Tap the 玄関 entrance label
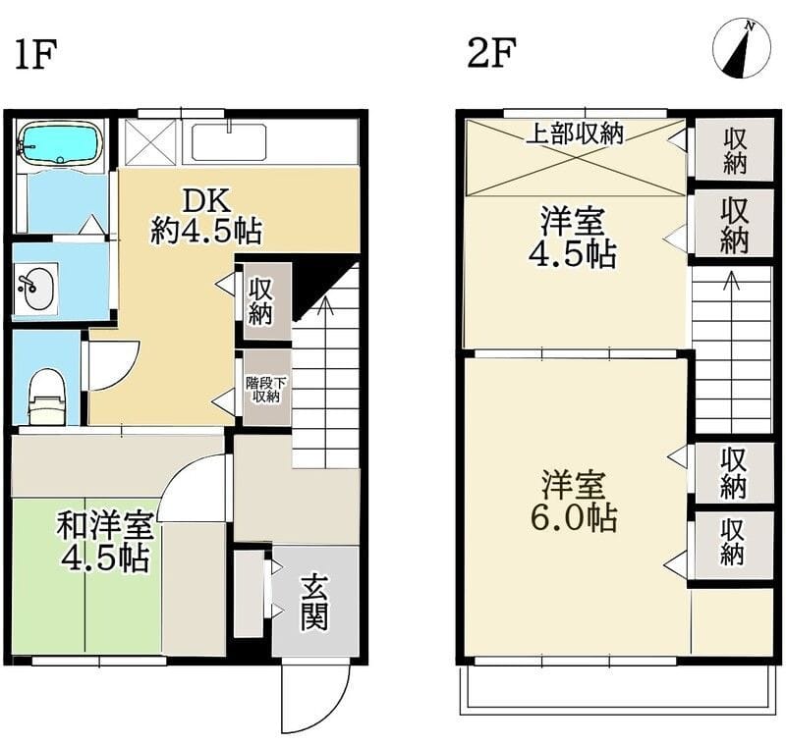click(314, 602)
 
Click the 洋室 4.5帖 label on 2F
click(576, 237)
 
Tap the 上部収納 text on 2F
click(575, 134)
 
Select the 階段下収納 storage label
click(263, 390)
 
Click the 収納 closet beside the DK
click(262, 301)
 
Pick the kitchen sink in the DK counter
click(227, 142)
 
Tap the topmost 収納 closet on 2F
click(734, 150)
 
